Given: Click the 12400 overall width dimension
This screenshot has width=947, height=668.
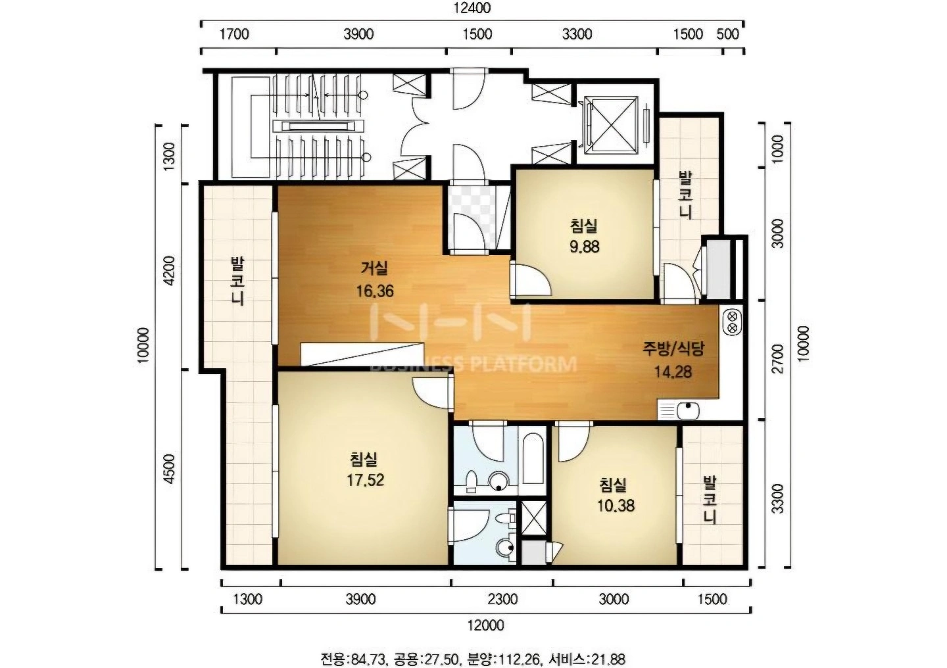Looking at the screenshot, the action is click(472, 8).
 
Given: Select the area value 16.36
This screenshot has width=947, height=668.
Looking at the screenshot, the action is click(375, 291).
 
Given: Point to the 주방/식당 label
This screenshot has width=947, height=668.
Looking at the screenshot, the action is click(673, 349).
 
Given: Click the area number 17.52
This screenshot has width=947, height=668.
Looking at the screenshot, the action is click(365, 480).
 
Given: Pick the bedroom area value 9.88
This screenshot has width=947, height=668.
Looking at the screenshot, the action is click(584, 246).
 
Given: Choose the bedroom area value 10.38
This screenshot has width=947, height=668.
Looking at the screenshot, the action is click(616, 505).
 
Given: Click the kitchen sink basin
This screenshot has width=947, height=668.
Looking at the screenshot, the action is click(688, 411).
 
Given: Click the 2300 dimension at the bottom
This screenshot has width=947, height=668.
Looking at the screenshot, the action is click(502, 599).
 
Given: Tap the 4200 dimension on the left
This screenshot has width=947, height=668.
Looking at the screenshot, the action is click(169, 271).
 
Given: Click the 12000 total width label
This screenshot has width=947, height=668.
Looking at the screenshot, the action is click(485, 625).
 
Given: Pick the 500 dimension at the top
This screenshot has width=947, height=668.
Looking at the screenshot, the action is click(728, 34).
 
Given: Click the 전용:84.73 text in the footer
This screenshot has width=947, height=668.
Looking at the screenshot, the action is click(353, 659).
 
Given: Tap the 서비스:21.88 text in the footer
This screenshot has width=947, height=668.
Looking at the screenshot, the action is click(587, 659).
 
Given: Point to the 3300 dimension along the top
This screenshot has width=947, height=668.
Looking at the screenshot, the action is click(577, 34).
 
